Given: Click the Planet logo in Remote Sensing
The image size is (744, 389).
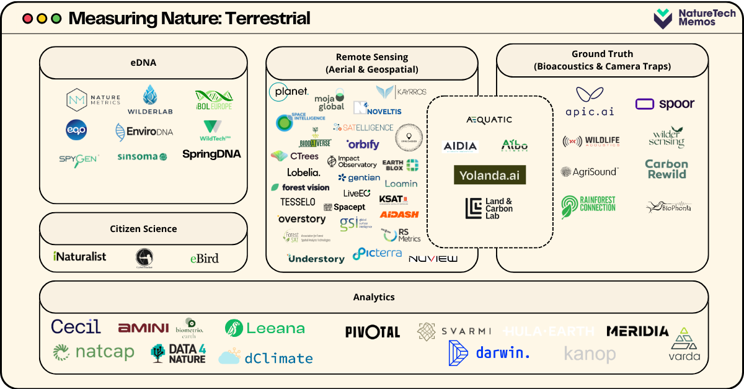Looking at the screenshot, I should [x=288, y=92].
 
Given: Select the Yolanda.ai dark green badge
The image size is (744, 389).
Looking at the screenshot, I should [x=490, y=175].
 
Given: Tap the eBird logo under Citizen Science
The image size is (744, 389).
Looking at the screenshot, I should [x=204, y=257].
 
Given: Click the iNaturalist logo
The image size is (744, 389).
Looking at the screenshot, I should [x=80, y=256].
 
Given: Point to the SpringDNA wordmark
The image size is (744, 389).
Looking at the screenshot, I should [x=211, y=154].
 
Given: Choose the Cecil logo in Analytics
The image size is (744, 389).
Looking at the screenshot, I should [x=76, y=326].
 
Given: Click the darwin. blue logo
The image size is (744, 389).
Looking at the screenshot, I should [x=489, y=353].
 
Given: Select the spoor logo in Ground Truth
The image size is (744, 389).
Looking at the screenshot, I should [x=665, y=104].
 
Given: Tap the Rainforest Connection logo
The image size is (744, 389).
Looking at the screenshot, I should [x=588, y=206].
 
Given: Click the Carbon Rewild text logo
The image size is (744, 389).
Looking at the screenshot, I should [x=666, y=169].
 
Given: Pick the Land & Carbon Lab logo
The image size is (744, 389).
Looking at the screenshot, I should [x=489, y=208].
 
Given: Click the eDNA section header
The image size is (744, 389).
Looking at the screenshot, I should [x=143, y=63].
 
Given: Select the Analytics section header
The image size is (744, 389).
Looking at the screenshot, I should [x=374, y=297].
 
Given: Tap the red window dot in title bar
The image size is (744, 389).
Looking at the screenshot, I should [x=27, y=19].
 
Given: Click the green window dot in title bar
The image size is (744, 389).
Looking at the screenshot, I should [x=56, y=19].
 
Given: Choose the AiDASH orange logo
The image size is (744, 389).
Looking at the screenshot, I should [x=399, y=215].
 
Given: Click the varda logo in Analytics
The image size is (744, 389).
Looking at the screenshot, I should [x=684, y=345].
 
